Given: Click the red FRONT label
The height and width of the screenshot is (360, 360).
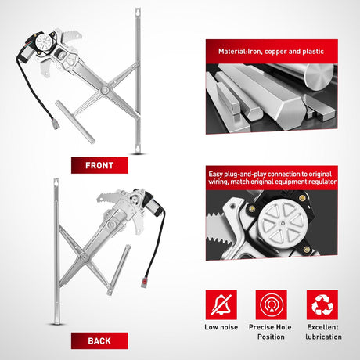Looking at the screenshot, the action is [99, 165].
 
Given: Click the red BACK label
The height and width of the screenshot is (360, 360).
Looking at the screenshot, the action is [99, 340].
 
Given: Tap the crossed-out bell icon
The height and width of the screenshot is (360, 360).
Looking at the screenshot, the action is [221, 304].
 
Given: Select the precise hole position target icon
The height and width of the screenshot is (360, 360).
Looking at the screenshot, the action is [272, 304].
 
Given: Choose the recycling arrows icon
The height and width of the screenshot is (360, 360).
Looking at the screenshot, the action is [322, 304].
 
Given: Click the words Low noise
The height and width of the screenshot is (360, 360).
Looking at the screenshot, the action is [221, 327].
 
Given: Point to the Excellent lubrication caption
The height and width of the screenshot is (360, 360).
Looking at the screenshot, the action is [323, 332].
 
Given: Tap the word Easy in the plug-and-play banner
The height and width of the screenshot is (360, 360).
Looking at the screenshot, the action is [215, 175].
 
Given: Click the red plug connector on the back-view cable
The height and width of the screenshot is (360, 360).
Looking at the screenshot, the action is [145, 283].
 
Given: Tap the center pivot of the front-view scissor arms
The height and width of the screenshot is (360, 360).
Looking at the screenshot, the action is [105, 90].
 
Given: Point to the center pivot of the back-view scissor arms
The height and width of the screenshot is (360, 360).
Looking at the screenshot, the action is [84, 257].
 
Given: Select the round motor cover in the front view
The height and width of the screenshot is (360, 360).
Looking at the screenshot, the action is [43, 41].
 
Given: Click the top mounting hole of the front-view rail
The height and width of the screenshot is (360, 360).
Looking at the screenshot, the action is [138, 12].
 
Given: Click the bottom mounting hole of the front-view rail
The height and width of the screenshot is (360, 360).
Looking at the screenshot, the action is [138, 149].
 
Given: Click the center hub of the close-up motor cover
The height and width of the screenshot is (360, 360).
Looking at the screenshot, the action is [283, 224].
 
